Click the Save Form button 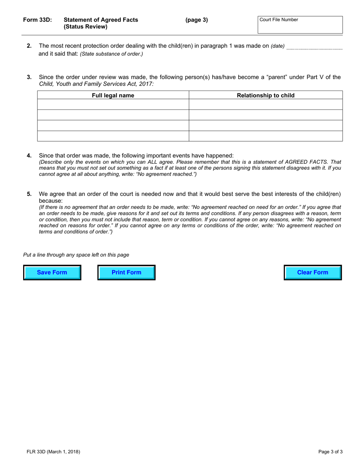coord(52,272)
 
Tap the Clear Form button coord(313,272)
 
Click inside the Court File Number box coord(300,27)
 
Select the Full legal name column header coord(113,95)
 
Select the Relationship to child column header coord(265,95)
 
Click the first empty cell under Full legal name coord(113,105)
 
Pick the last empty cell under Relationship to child coord(265,136)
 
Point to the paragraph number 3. coord(29,77)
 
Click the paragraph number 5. coord(29,194)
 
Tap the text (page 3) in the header coord(196,20)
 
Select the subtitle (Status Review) coord(86,27)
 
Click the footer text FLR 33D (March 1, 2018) coord(53,452)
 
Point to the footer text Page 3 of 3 coord(330,452)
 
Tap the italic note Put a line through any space coord(76,255)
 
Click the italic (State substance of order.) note coord(111,54)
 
